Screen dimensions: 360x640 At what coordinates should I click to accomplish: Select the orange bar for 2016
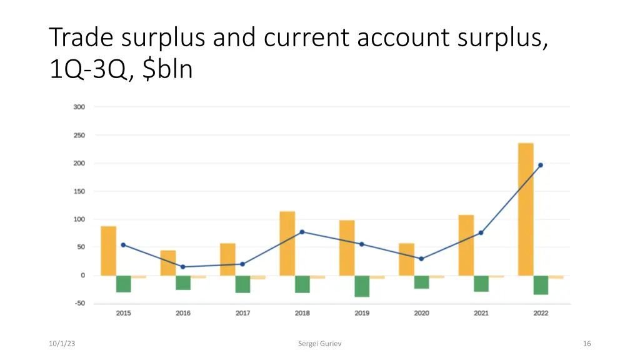pos(168,263)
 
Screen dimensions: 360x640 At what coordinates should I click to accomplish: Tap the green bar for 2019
pos(362,286)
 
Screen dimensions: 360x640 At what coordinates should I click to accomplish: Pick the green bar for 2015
pos(124,284)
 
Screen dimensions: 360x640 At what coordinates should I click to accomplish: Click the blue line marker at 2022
pos(541,165)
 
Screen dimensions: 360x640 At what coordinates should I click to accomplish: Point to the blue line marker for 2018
pos(302,232)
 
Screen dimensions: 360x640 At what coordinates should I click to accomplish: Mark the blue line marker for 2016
pos(183,267)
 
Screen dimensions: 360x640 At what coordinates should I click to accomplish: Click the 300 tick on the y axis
pos(79,107)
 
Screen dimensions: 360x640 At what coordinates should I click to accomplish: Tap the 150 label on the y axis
pos(79,191)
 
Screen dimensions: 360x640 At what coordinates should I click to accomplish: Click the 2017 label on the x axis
pos(242,313)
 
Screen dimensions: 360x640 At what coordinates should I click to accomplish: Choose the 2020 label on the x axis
pos(421,313)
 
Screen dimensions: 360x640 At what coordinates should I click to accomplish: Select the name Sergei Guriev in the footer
pos(319,344)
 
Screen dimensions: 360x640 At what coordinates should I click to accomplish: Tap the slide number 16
pos(586,344)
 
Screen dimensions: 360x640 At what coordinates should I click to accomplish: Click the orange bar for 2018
pos(287,243)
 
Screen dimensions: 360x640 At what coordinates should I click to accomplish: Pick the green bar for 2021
pos(481,284)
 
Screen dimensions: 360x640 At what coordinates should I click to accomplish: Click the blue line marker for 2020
pos(421,259)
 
